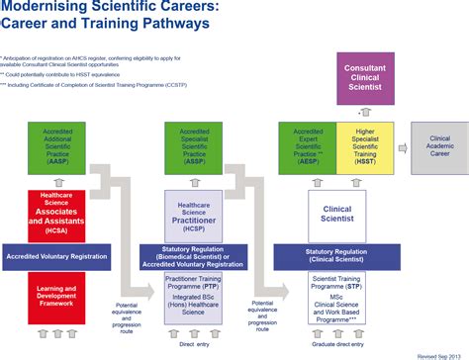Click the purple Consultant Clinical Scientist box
click(x=364, y=78)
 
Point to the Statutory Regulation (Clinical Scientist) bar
click(x=336, y=255)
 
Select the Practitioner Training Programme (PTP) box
click(x=194, y=282)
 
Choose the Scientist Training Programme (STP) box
click(x=336, y=282)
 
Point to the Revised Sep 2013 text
click(x=440, y=354)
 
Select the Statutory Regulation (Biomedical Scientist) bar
click(x=194, y=255)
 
